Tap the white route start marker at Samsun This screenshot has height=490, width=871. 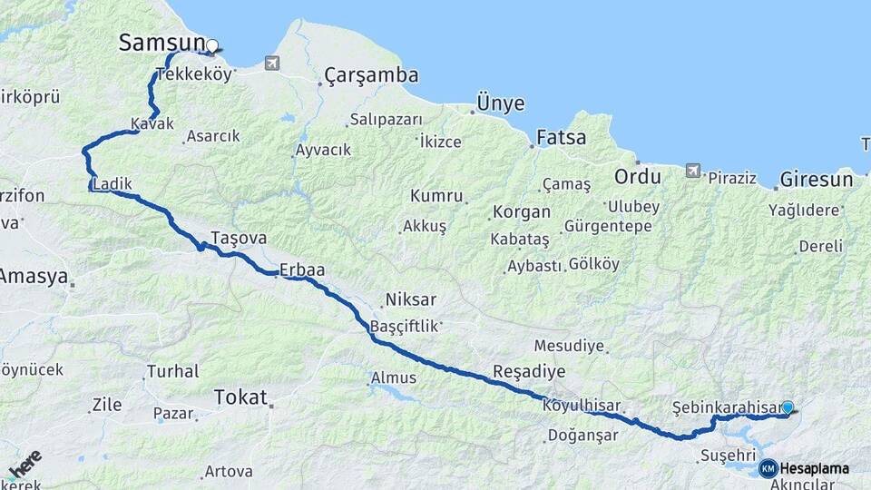[x=212, y=45]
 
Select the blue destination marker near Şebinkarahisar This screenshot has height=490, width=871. [x=788, y=408]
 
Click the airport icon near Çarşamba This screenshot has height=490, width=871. [x=272, y=63]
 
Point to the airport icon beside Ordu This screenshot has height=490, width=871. [x=693, y=170]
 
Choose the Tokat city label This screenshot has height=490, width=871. [x=240, y=397]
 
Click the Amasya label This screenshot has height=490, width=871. [x=33, y=276]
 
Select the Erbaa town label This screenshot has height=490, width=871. [x=302, y=269]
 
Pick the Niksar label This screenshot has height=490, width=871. [x=411, y=299]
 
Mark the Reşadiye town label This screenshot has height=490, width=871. [x=529, y=372]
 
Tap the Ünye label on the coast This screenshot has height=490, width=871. [x=501, y=103]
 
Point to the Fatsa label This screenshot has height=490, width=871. [x=562, y=139]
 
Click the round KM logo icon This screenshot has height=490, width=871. [x=768, y=468]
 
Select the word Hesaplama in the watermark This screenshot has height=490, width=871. [x=815, y=469]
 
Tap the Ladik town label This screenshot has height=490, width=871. [x=113, y=184]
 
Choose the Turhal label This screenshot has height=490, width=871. [x=172, y=371]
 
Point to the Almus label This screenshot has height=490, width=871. [x=394, y=378]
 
